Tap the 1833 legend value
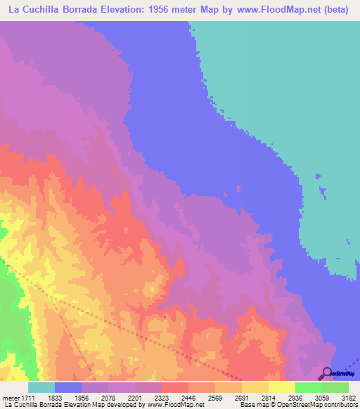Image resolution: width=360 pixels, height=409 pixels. point(69,398)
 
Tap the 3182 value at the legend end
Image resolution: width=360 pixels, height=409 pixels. point(348,398)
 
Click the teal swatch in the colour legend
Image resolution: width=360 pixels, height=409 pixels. point(41,387)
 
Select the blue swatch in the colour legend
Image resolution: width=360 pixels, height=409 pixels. point(68,387)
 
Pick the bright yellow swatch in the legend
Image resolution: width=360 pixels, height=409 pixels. point(281,387)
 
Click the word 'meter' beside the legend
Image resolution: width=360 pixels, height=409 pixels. point(10,398)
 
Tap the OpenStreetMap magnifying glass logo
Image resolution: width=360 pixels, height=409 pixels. point(326,374)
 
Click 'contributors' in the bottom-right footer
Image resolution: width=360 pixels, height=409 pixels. point(341,405)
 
